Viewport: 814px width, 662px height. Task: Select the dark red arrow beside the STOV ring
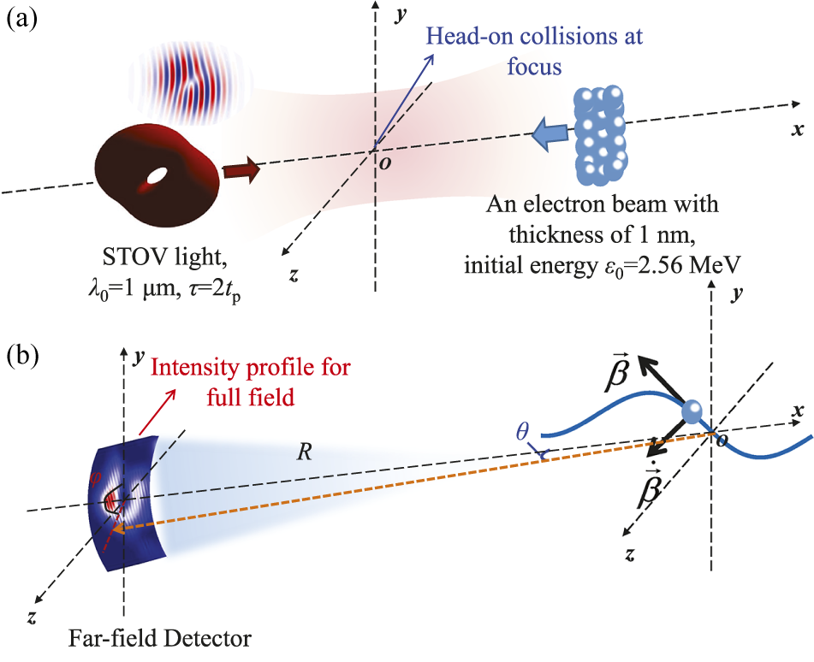241,169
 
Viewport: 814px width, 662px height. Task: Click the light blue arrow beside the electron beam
551,133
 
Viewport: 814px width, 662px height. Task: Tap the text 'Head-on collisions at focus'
535,51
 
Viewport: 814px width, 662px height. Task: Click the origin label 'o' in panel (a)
385,163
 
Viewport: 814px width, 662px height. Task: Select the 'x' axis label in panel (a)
798,128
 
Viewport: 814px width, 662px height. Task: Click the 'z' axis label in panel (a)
294,275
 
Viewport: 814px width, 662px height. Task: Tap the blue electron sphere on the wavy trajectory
692,412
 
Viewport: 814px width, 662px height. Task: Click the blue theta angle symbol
522,431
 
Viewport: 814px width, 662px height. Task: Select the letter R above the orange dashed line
304,453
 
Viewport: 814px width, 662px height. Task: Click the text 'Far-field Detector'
160,638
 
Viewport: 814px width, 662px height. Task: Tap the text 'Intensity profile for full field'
251,382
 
